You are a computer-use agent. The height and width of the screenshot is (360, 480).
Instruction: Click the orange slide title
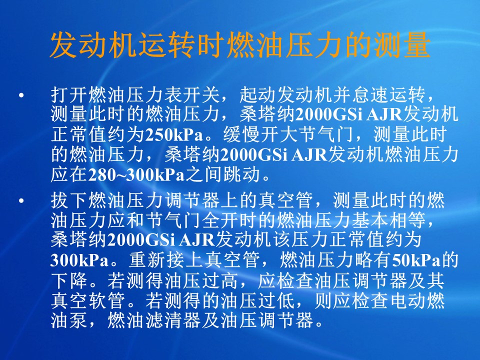pos(240,45)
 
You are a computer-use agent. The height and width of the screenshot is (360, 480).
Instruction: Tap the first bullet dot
pos(21,95)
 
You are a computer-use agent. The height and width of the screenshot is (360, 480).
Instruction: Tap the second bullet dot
pos(21,201)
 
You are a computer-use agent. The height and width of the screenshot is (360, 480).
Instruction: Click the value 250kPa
pos(174,134)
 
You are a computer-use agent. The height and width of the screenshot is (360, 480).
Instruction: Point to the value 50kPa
pos(415,260)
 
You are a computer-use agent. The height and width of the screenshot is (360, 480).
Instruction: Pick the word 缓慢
pos(242,134)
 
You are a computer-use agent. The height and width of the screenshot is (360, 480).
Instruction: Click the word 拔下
pos(69,200)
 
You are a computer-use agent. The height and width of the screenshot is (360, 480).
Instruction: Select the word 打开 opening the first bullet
pos(69,95)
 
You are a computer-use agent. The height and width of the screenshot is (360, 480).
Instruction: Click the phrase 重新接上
pos(166,260)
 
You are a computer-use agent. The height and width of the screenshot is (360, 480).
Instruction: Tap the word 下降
pos(69,280)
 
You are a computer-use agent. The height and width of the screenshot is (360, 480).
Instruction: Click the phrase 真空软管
pos(88,300)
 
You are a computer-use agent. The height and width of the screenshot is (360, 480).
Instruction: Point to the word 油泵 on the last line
pos(69,320)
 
